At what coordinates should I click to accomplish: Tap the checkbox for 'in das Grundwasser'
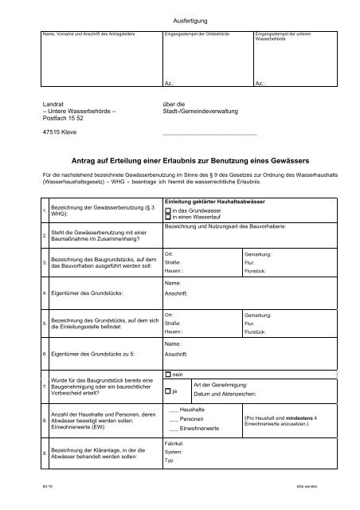tap(167, 210)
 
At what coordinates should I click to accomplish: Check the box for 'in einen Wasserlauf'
tap(167, 217)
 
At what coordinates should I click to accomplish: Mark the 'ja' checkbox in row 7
tap(167, 391)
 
